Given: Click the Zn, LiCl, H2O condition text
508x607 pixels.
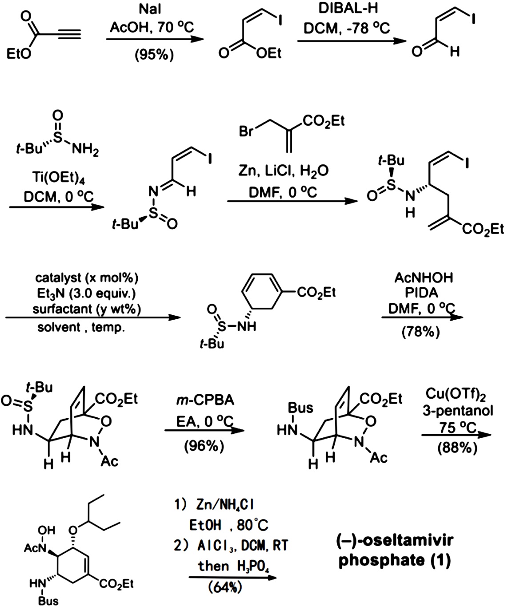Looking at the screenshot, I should coord(284,171).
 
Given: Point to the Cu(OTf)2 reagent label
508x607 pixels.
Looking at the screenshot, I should coord(457,393).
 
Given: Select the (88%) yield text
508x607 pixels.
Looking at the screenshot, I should coord(458,448).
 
